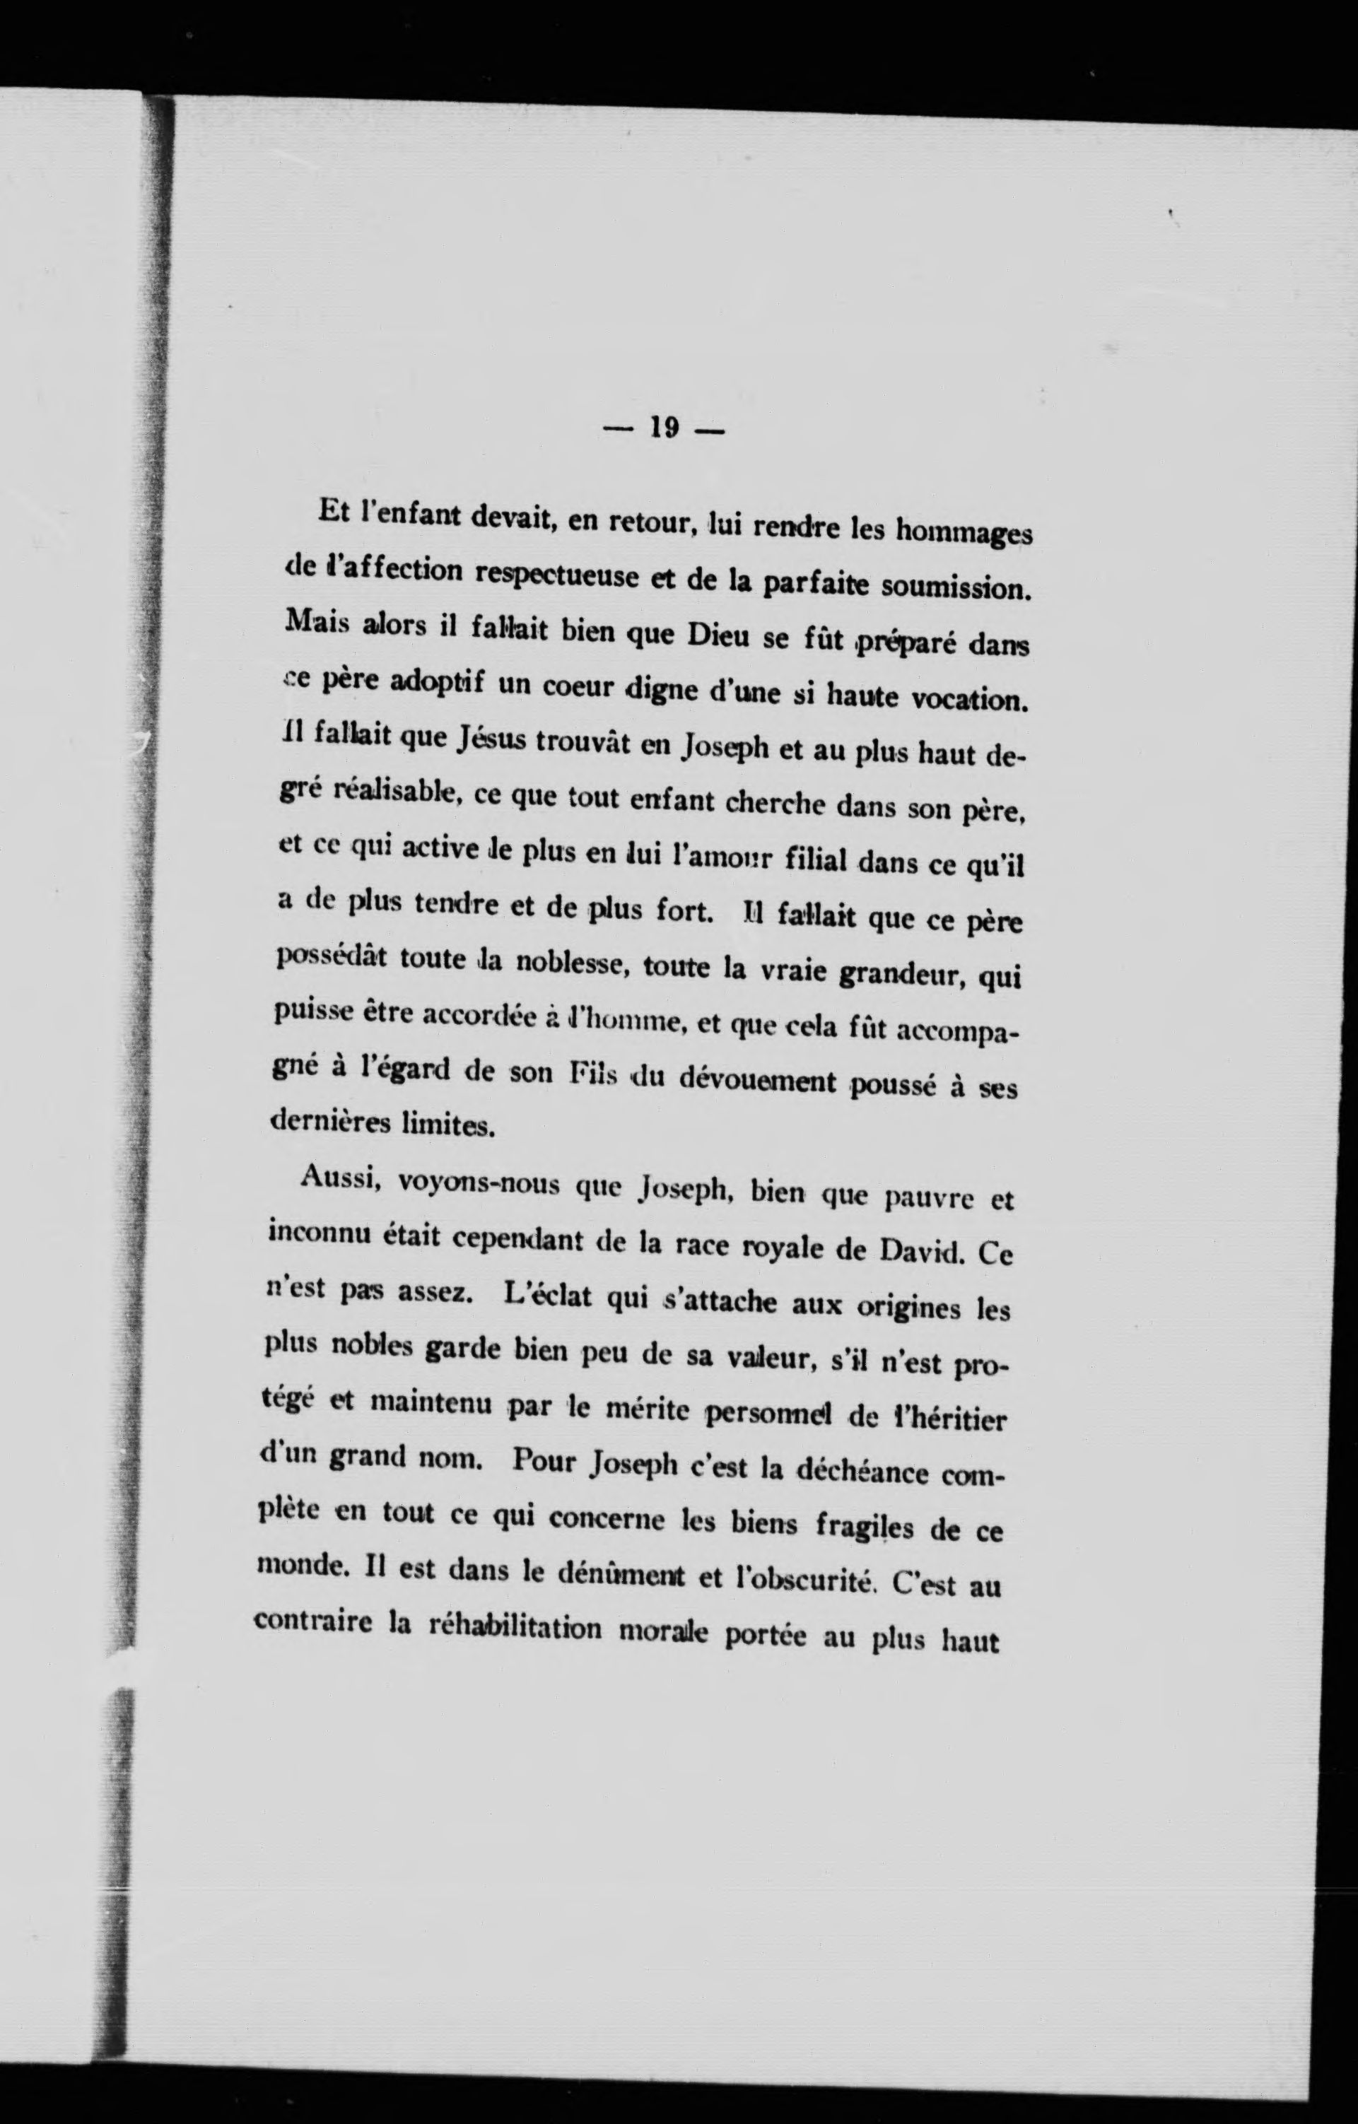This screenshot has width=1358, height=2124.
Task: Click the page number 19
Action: [x=664, y=428]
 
